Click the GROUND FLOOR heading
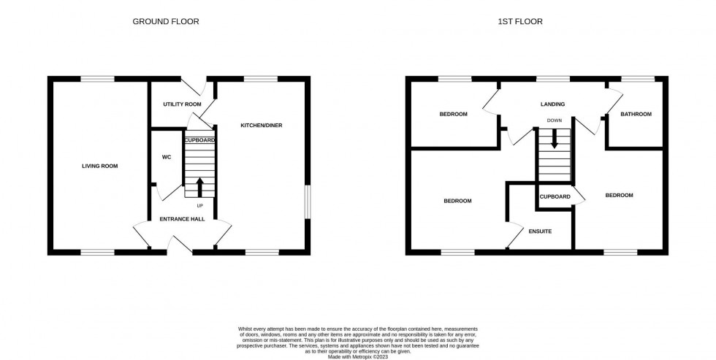(165, 21)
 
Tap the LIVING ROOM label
(99, 166)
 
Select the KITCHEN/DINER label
(261, 125)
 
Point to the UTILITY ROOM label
(182, 104)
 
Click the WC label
(166, 157)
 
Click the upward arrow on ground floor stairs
(199, 187)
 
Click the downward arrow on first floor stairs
(555, 139)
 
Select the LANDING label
(552, 104)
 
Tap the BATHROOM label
(636, 114)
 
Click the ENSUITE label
(540, 231)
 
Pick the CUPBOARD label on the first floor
(555, 196)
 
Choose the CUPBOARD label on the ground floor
(199, 139)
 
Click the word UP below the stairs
(199, 205)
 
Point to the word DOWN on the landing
(555, 120)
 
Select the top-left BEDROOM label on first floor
(453, 114)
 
